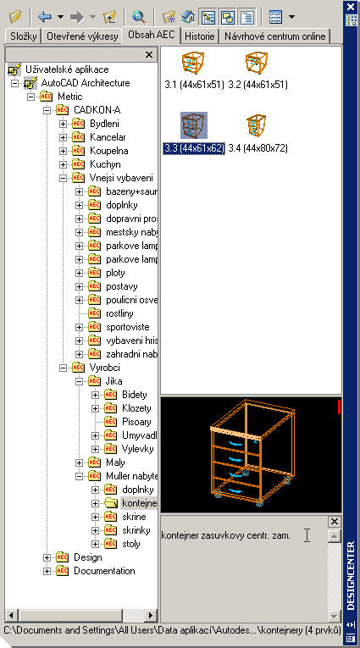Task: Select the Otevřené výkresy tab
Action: (82, 36)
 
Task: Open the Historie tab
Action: (200, 36)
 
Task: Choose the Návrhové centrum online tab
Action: (274, 36)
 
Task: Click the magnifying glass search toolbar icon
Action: (139, 17)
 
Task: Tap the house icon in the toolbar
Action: (188, 17)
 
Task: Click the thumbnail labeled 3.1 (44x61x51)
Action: (193, 63)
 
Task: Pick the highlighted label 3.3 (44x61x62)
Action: (193, 148)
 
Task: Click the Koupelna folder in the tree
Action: (108, 151)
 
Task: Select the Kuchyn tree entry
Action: (105, 164)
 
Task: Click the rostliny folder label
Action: (119, 313)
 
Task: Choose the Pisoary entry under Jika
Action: (136, 422)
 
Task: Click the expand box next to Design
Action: (47, 557)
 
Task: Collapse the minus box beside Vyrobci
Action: (64, 368)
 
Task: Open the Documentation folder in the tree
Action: (104, 571)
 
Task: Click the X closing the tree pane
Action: (150, 54)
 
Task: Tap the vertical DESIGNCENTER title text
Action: (351, 576)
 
